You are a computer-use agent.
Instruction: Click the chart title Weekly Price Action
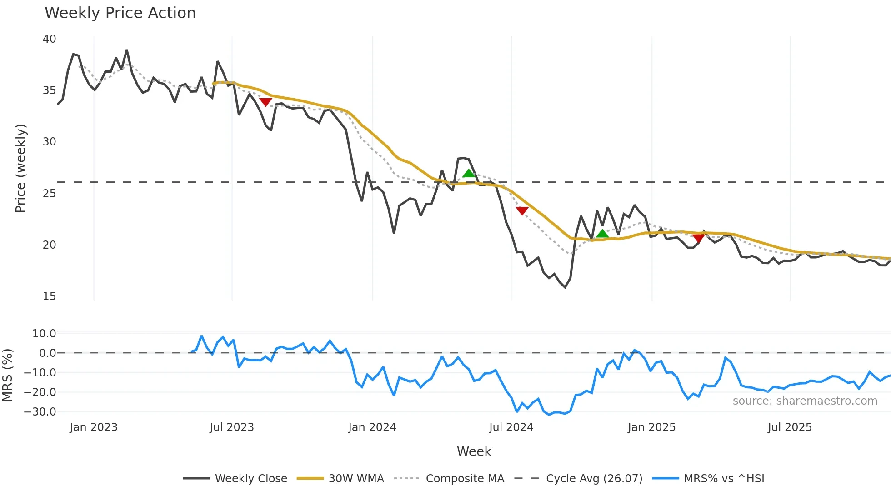click(x=120, y=13)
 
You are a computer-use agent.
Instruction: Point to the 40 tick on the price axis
click(x=50, y=39)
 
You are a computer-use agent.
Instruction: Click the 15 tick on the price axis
click(x=50, y=296)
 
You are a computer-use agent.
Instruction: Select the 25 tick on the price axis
click(x=50, y=194)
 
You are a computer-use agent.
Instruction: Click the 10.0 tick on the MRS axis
click(x=44, y=334)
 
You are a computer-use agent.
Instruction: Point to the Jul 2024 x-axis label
click(x=511, y=427)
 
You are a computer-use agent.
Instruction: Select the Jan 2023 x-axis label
click(x=94, y=427)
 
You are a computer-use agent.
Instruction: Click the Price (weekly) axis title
click(x=21, y=168)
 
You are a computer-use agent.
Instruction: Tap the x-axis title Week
click(x=474, y=451)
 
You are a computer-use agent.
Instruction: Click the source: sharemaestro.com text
click(x=805, y=401)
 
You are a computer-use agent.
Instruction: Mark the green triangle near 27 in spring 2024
click(x=469, y=173)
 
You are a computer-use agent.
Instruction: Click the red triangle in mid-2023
click(x=265, y=102)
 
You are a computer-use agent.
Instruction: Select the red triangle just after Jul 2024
click(x=522, y=210)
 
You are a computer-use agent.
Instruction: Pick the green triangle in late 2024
click(x=602, y=234)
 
